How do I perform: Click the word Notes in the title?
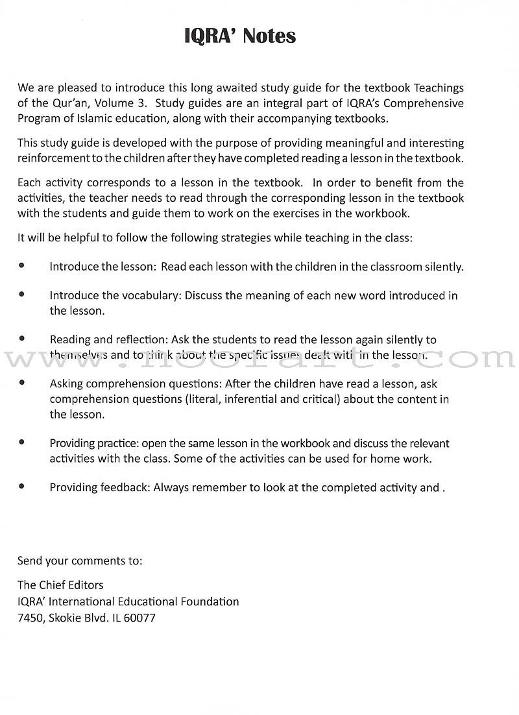(x=269, y=36)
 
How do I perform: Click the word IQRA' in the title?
(x=211, y=36)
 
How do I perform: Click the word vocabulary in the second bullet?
(x=155, y=296)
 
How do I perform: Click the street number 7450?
(x=31, y=618)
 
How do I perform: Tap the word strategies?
(x=237, y=237)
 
